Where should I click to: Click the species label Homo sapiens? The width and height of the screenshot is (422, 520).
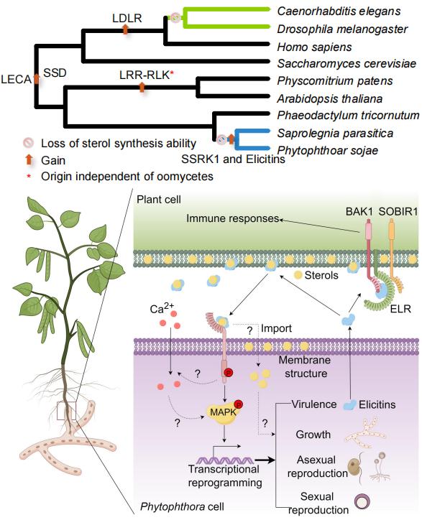click(x=314, y=47)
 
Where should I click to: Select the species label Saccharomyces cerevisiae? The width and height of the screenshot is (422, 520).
click(x=347, y=63)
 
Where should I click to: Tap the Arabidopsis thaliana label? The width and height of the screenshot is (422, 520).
click(x=330, y=98)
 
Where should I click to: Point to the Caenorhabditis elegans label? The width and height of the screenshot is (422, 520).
click(x=339, y=11)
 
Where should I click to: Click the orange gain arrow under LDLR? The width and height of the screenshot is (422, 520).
click(x=125, y=29)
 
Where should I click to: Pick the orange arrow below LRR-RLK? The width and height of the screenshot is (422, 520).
click(x=142, y=87)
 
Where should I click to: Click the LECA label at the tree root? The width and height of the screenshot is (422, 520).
click(x=16, y=79)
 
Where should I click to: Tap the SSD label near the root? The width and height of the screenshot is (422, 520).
click(x=55, y=73)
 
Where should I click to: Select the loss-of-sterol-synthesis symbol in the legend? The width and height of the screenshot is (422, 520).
click(x=29, y=143)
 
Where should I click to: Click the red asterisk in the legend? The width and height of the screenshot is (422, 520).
click(x=29, y=177)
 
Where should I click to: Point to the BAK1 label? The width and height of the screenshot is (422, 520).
click(x=359, y=211)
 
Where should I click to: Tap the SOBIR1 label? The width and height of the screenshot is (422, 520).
click(x=398, y=211)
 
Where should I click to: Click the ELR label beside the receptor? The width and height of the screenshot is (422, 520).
click(x=400, y=309)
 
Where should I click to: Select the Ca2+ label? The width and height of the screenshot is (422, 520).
click(x=162, y=308)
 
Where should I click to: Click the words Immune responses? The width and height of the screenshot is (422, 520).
click(x=232, y=218)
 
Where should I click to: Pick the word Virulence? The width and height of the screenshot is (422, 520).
click(x=314, y=404)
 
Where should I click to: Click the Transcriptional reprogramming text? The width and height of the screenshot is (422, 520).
click(x=225, y=475)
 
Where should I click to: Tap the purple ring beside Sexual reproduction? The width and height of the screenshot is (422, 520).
click(x=362, y=501)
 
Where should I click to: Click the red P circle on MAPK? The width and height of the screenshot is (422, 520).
click(x=239, y=404)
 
